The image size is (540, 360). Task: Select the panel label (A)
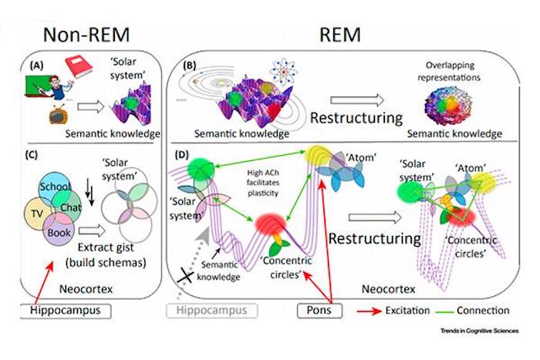click(x=35, y=66)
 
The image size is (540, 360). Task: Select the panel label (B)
click(x=187, y=66)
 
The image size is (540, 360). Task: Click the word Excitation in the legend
click(x=412, y=311)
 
